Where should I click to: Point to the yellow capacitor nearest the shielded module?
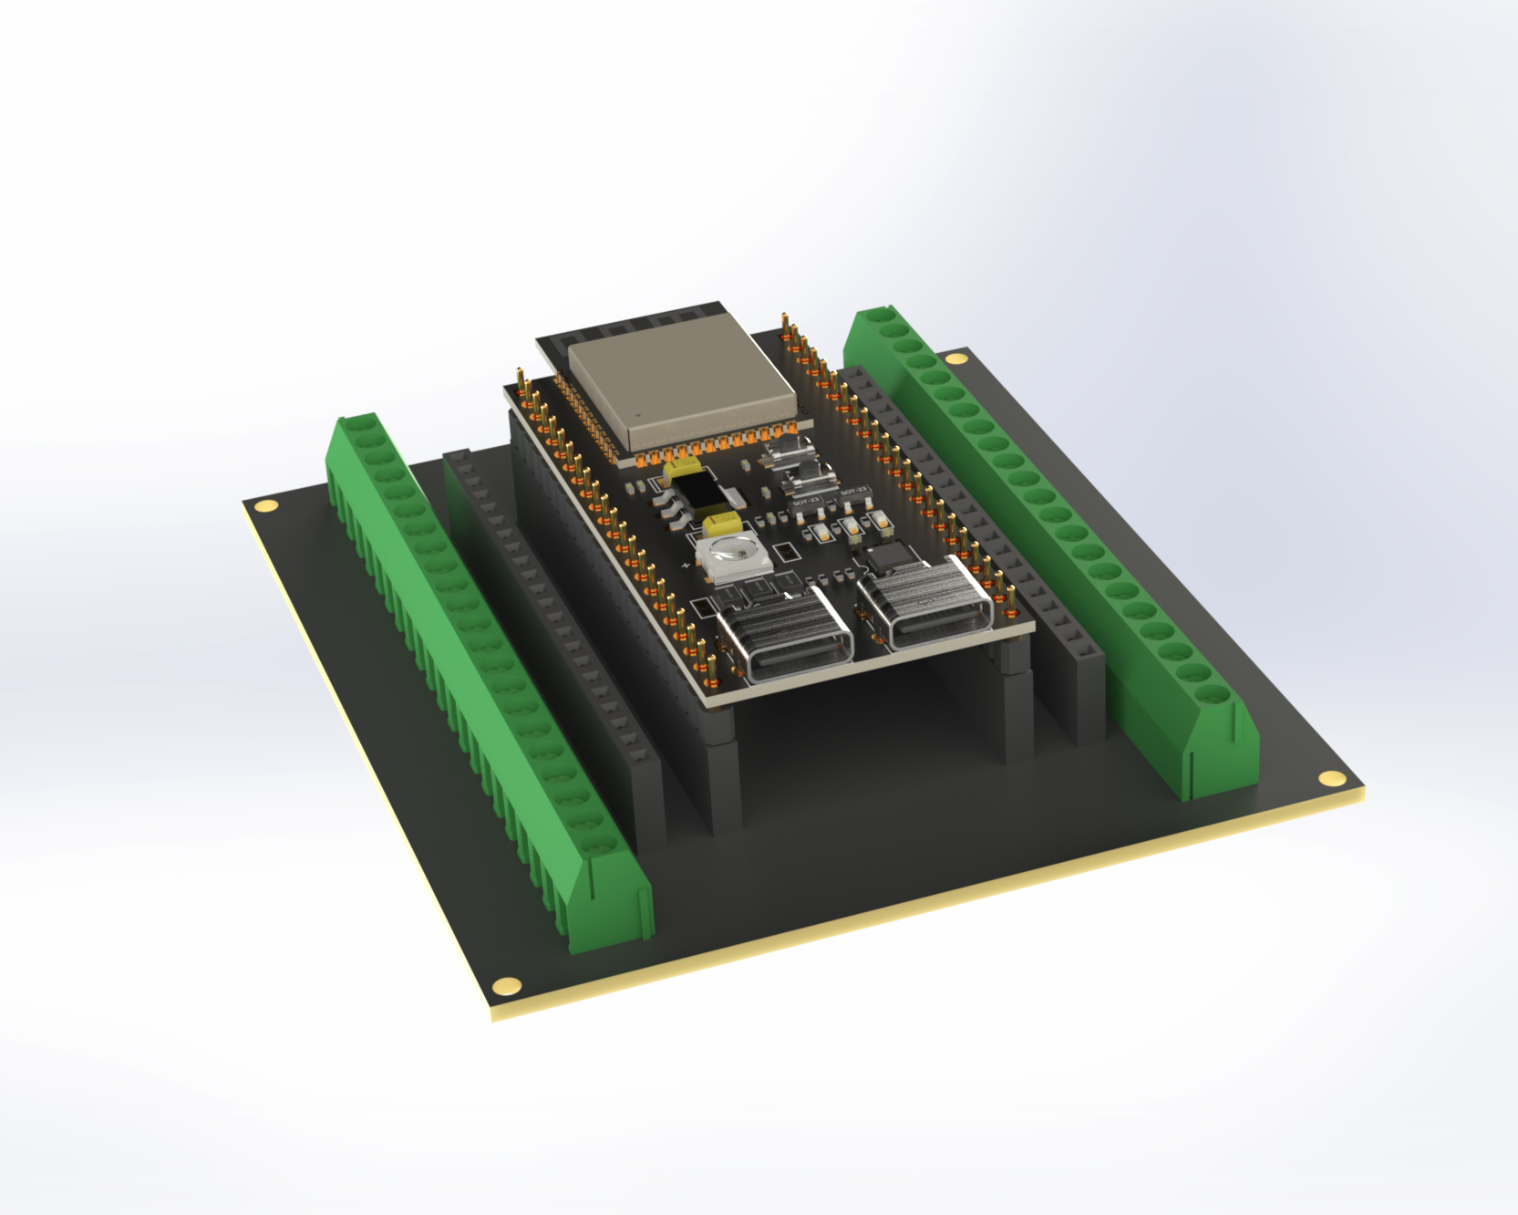point(682,469)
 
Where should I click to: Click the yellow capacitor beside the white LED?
point(721,523)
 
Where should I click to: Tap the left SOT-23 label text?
point(806,502)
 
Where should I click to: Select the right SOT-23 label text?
point(854,491)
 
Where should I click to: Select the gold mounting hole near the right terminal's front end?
point(1331,778)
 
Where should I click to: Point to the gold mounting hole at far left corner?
point(265,505)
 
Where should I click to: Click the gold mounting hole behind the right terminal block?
point(955,358)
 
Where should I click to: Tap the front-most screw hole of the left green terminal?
point(598,847)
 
